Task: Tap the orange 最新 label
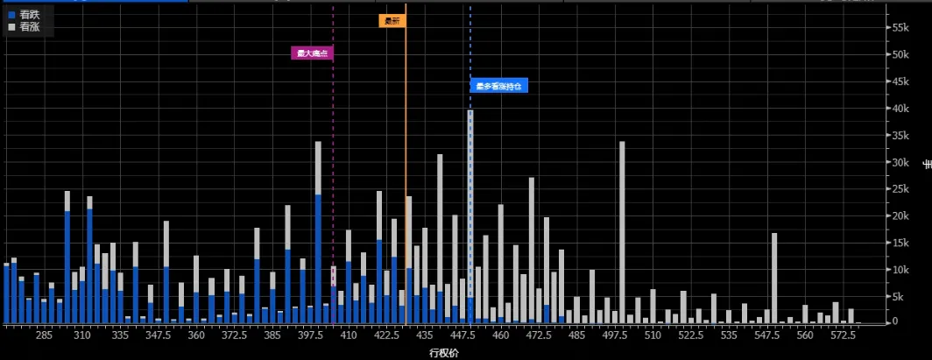[392, 21]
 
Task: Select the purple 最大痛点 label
[313, 53]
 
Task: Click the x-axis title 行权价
[444, 352]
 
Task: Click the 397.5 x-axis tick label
[311, 335]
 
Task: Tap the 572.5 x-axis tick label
[843, 335]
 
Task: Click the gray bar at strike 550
[774, 276]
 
